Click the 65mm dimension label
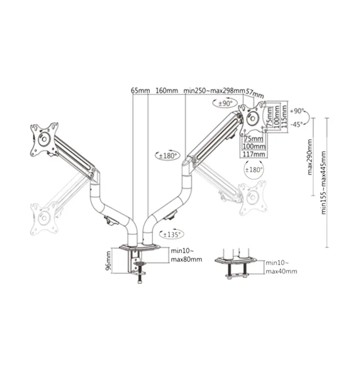pos(140,90)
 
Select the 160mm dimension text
pos(166,90)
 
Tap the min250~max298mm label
pos(214,90)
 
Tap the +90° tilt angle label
pos(298,110)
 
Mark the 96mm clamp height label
pos(109,261)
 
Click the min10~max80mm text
pos(186,255)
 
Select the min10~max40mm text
pos(281,267)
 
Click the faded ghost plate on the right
pos(253,198)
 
